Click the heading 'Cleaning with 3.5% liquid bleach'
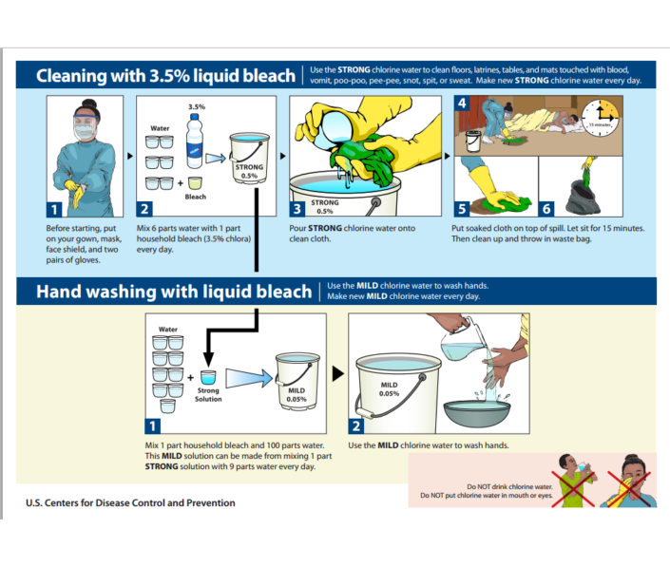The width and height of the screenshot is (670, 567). [160, 75]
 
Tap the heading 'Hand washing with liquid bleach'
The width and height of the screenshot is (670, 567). [173, 292]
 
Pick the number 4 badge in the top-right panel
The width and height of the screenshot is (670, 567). [462, 103]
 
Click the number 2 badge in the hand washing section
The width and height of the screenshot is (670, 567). [357, 426]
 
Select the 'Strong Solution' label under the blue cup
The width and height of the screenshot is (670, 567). [208, 394]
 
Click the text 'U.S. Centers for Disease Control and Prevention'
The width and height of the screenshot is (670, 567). [130, 502]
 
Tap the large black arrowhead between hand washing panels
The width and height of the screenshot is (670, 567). [337, 373]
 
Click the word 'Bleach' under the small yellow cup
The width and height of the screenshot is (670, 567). [195, 197]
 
